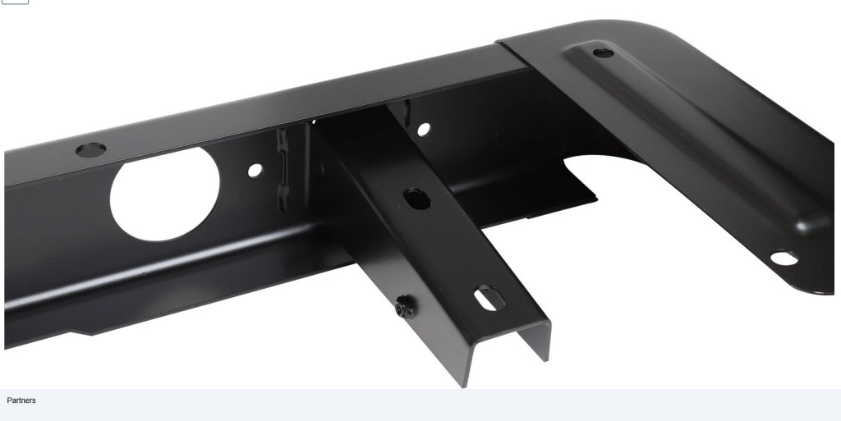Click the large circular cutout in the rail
(164, 194)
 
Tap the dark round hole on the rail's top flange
(90, 150)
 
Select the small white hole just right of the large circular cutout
(255, 171)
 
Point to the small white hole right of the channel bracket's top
(423, 130)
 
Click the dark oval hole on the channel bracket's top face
(416, 199)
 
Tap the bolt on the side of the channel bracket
(405, 308)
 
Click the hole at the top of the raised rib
(603, 53)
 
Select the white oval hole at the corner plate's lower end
(784, 259)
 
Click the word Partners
(21, 400)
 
